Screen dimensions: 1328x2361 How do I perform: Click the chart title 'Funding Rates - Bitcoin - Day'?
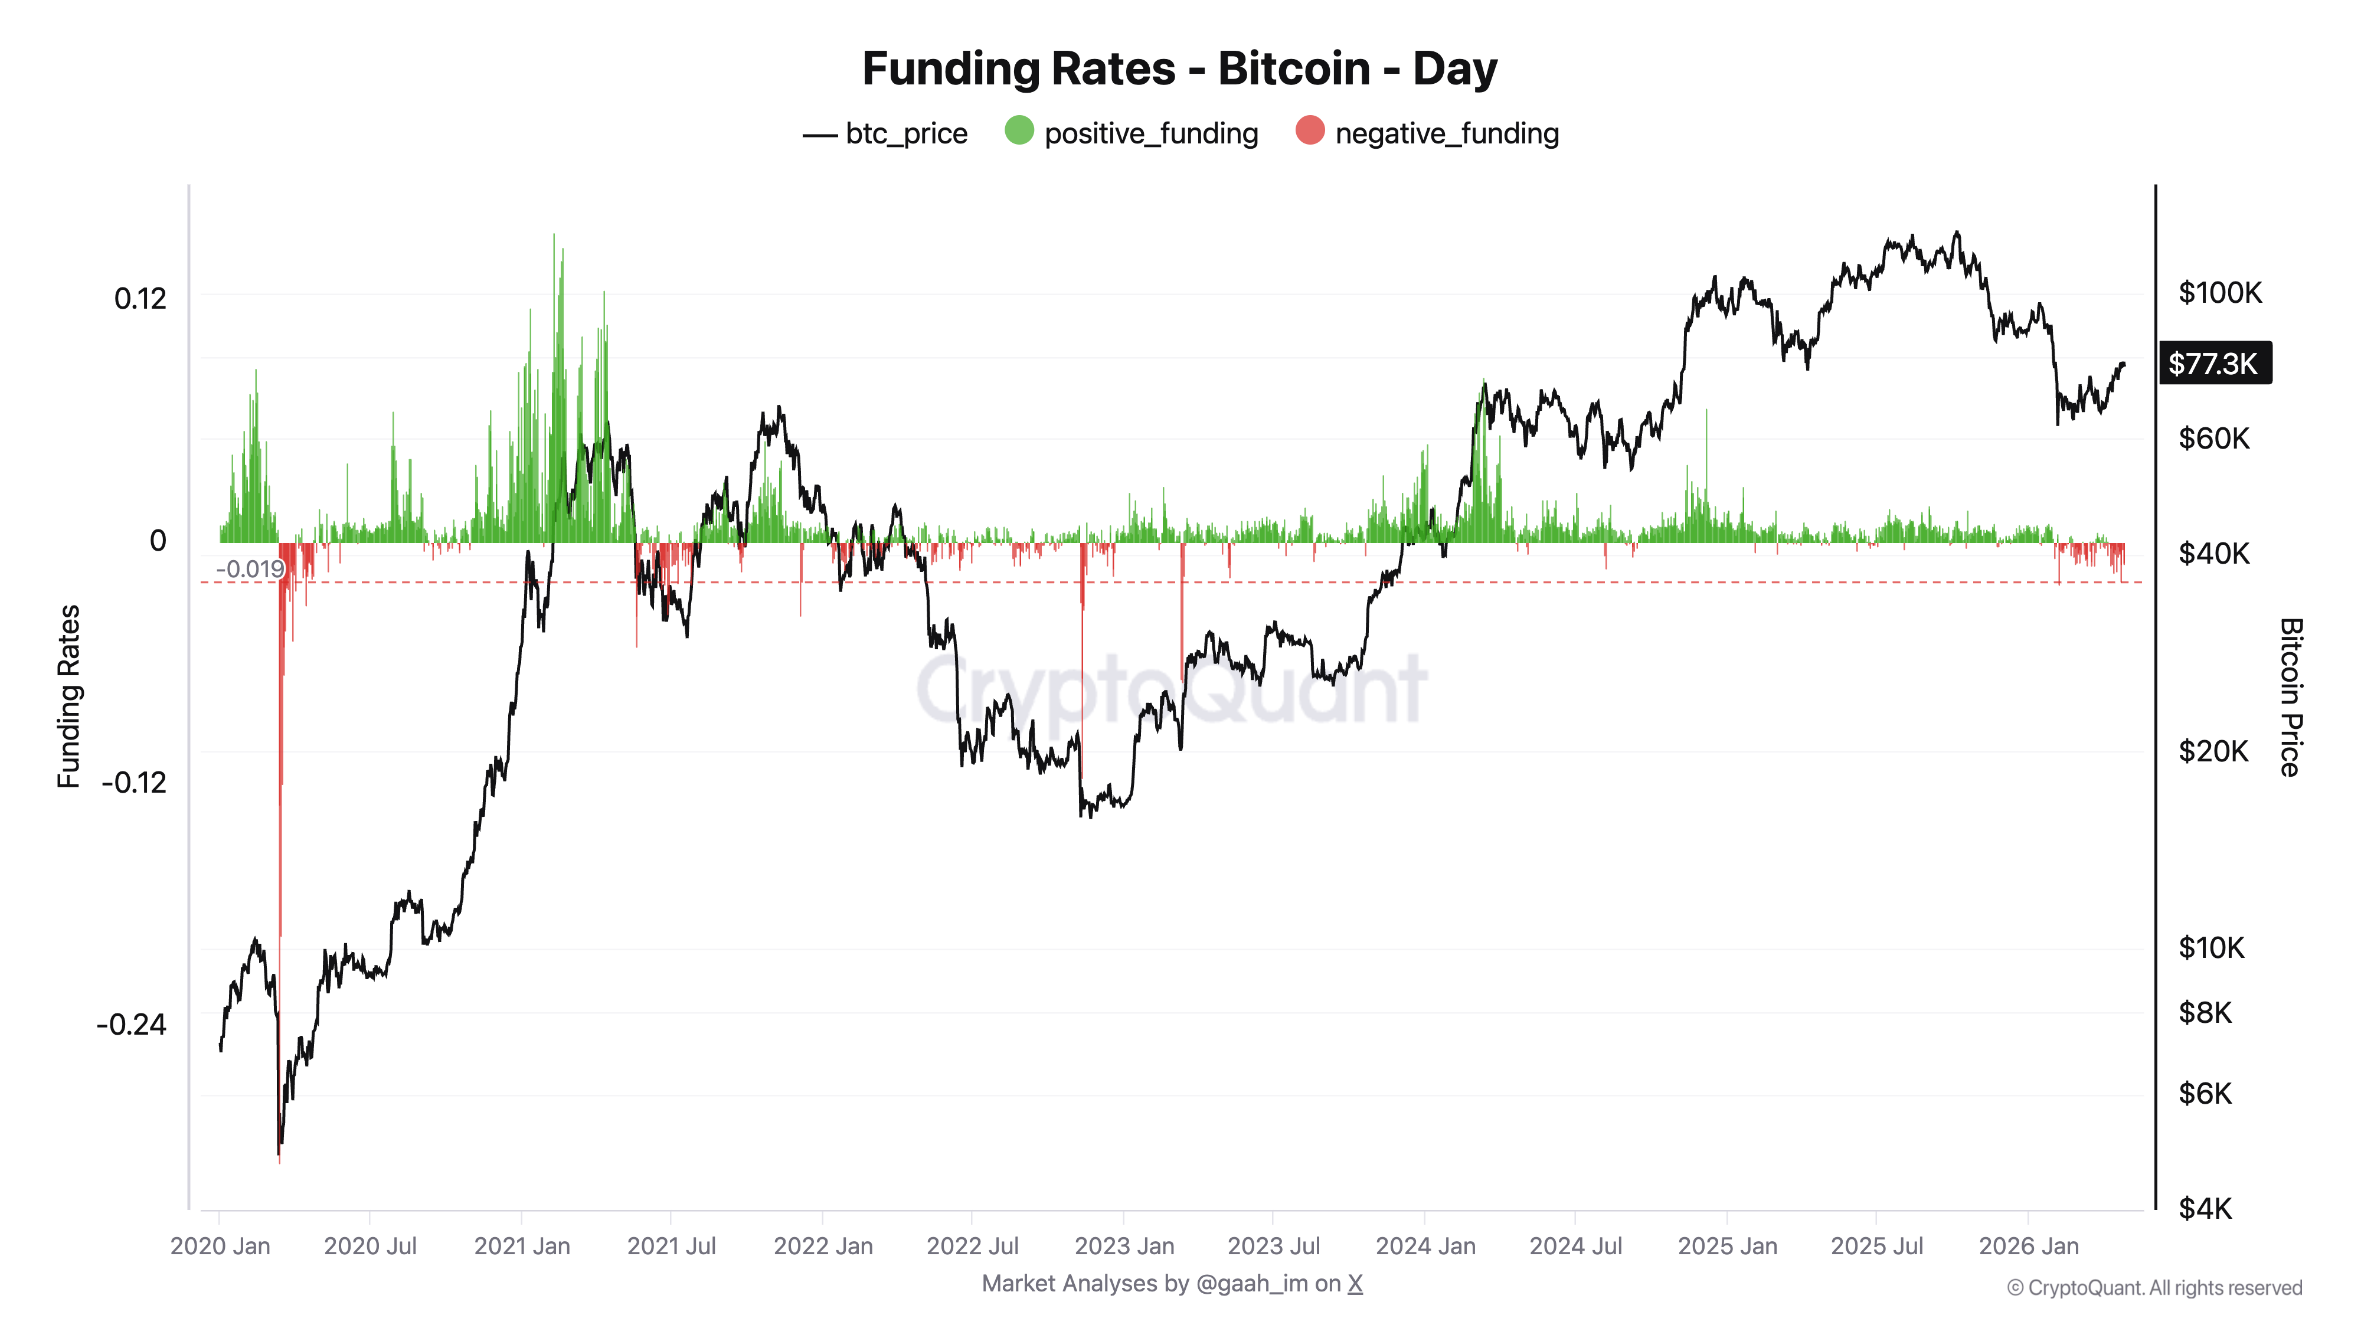click(1179, 68)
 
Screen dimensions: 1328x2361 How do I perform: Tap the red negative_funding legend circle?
click(1310, 131)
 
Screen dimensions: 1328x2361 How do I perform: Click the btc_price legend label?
click(905, 134)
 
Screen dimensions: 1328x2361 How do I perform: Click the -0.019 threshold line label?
click(249, 569)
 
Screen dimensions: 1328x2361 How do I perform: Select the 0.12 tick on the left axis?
click(140, 299)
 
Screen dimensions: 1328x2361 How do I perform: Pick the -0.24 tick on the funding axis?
click(132, 1023)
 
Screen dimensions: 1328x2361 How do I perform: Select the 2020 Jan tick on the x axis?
click(220, 1247)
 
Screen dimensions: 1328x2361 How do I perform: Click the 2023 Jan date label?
click(1124, 1247)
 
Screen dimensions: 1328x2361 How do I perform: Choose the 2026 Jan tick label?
click(2028, 1247)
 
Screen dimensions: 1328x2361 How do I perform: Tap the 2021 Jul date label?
click(671, 1247)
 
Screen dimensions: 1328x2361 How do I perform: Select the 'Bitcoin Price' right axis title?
click(2290, 696)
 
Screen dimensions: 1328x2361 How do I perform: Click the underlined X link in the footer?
click(1355, 1284)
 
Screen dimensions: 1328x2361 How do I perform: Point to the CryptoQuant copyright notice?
click(2154, 1288)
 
